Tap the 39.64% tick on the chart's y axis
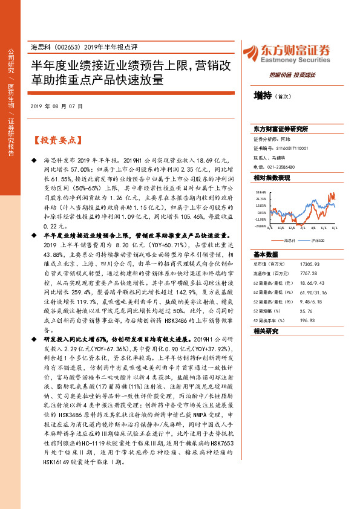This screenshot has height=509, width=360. click(x=260, y=191)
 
